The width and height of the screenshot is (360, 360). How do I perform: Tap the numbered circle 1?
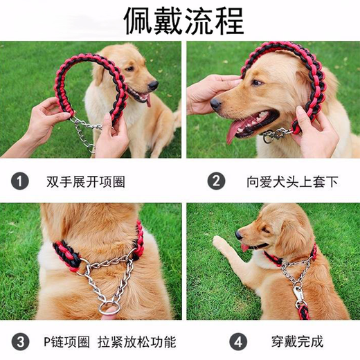pos(21,182)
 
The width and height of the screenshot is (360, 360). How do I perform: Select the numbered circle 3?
pos(21,341)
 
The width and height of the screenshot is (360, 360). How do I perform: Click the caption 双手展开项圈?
pos(86,182)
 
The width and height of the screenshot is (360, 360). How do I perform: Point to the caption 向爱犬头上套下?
pos(284,182)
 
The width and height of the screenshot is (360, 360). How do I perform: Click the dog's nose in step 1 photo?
pos(154,84)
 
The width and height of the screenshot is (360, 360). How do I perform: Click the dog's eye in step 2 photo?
pos(257,83)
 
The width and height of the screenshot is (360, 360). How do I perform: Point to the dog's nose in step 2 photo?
pos(216,104)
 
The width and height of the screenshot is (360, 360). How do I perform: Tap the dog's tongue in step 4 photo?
pos(244,247)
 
